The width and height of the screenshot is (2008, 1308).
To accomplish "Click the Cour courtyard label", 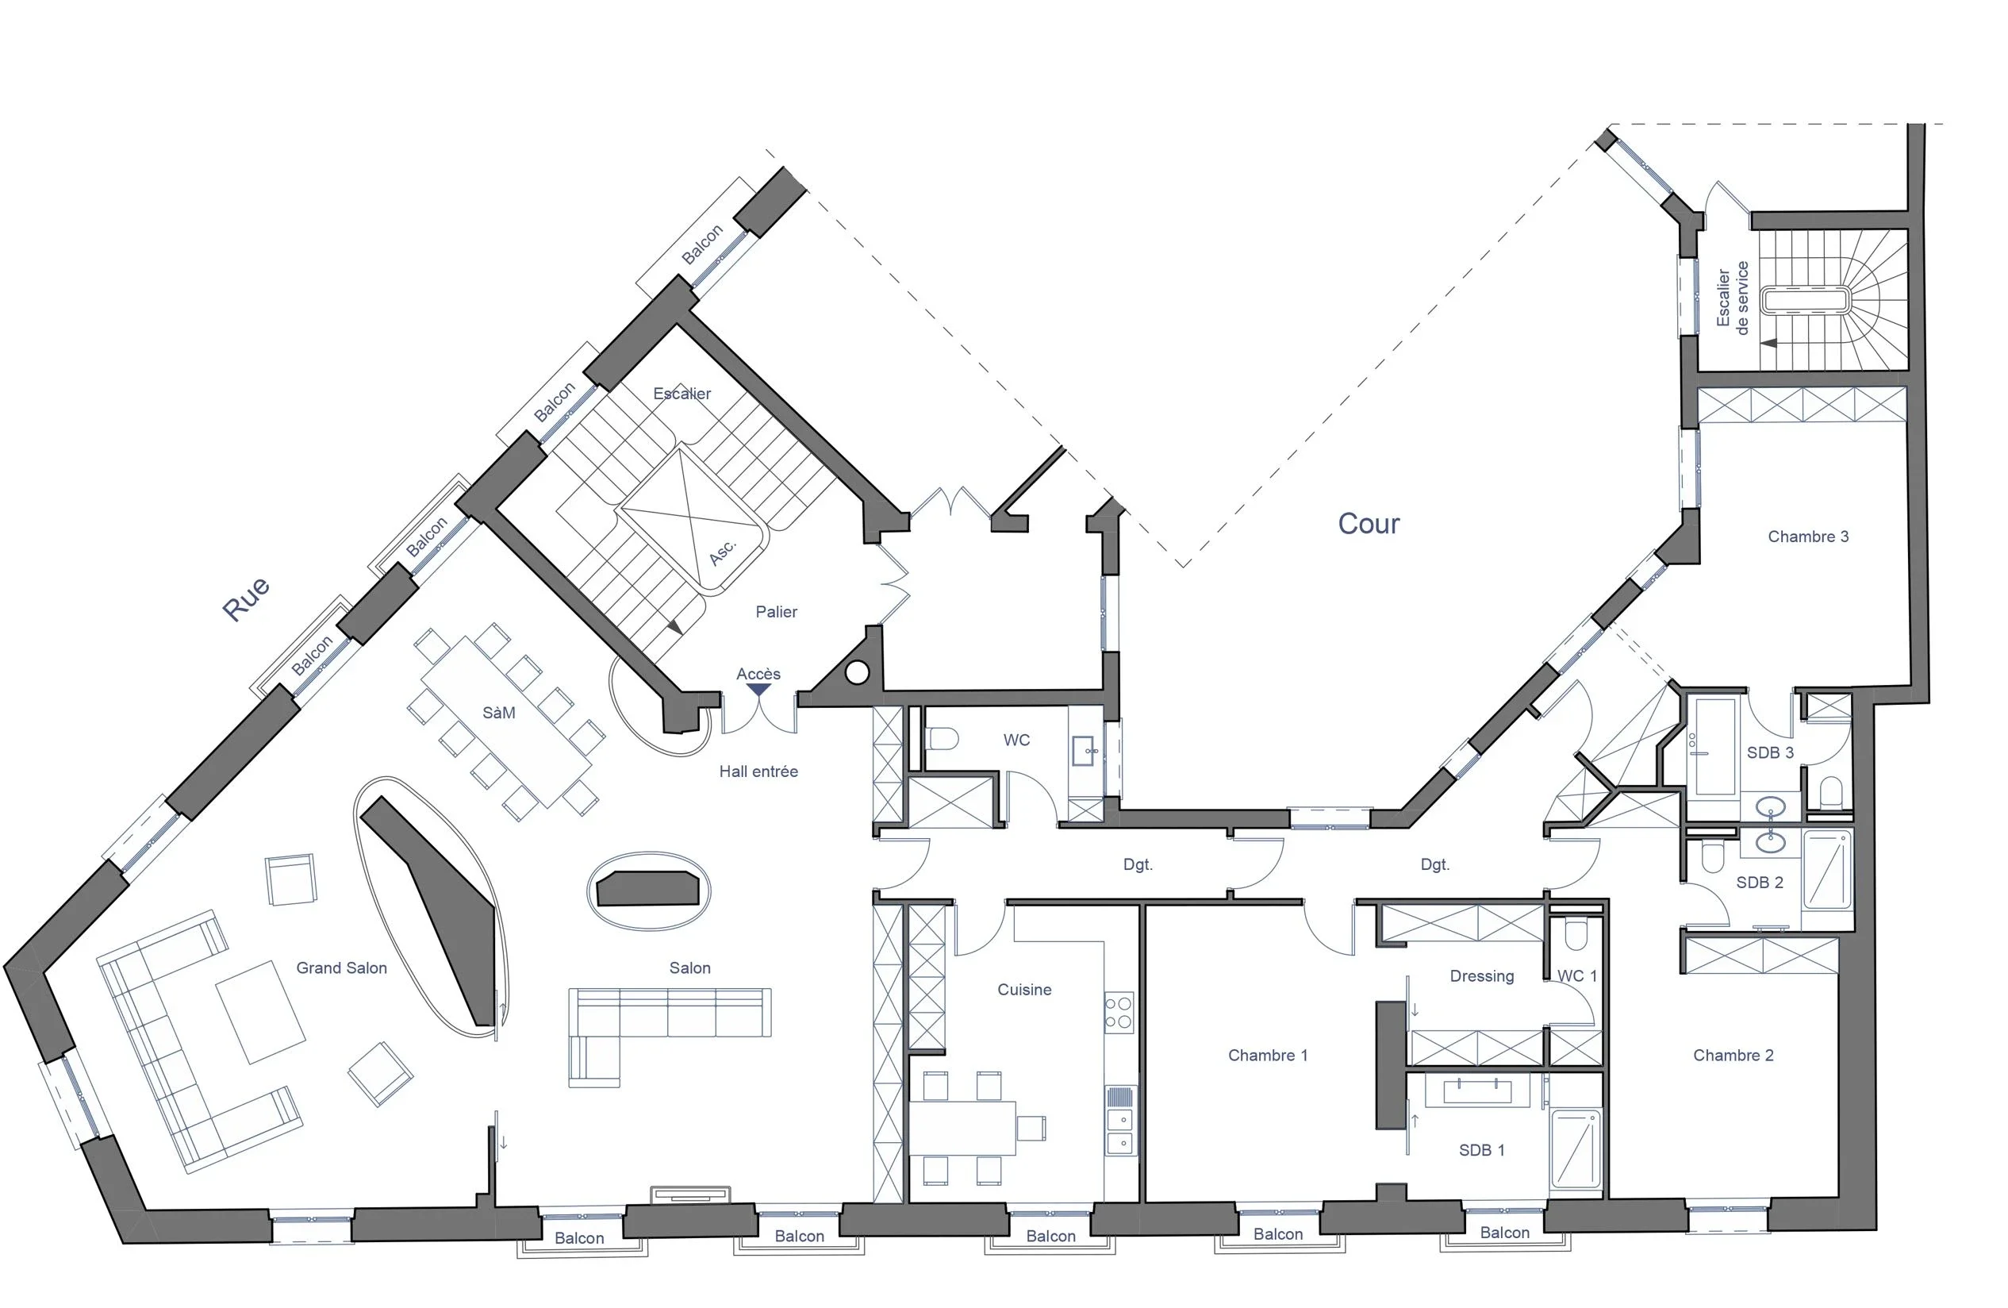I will [x=1369, y=523].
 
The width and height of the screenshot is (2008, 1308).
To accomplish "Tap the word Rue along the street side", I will [x=245, y=599].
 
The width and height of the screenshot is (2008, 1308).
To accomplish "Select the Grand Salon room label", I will [x=341, y=968].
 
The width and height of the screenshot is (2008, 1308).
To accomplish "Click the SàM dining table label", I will [x=498, y=713].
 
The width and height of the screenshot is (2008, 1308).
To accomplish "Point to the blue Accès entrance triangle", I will [x=758, y=690].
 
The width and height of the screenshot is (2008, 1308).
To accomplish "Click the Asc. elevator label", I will [x=723, y=551].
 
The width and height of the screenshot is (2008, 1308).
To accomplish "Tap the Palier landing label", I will [x=776, y=612].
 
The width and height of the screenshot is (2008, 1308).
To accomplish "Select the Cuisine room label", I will [x=1024, y=990].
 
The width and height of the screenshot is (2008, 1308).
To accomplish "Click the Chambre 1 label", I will [x=1267, y=1055].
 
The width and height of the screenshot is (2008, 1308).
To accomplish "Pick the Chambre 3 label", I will [x=1808, y=537].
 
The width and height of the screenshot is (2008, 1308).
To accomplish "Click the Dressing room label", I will [x=1481, y=976].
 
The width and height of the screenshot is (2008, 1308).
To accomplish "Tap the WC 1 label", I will [x=1577, y=976].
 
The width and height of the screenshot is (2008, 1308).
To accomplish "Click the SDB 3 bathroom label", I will [x=1770, y=752].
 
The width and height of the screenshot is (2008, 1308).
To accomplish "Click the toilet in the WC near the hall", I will [x=943, y=739].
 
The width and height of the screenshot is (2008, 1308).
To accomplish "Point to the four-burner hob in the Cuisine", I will [x=1119, y=1013].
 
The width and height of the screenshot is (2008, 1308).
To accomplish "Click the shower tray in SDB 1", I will [x=1575, y=1148].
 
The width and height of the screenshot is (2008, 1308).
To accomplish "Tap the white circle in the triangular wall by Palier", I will [x=856, y=672].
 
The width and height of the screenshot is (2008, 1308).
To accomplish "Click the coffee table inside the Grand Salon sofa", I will [x=261, y=1011].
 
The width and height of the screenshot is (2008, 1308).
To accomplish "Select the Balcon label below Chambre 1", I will [x=1277, y=1233].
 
